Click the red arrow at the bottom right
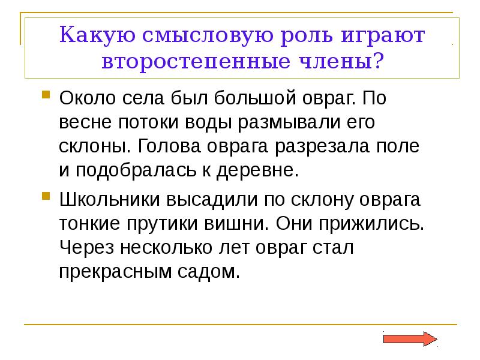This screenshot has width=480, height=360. [410, 338]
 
